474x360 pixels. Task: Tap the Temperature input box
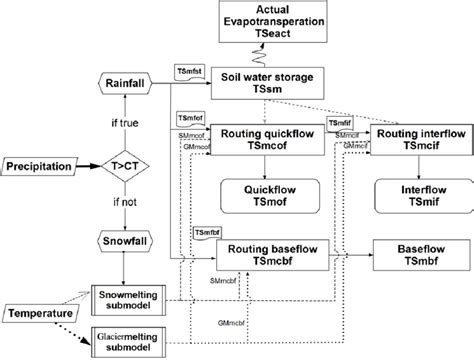pyautogui.click(x=41, y=314)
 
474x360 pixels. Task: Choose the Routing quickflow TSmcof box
pyautogui.click(x=276, y=141)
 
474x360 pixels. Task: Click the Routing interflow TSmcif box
pyautogui.click(x=418, y=141)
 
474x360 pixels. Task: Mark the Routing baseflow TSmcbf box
pyautogui.click(x=276, y=255)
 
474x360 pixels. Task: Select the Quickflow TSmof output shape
pyautogui.click(x=276, y=196)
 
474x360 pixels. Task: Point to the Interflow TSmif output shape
pyautogui.click(x=418, y=196)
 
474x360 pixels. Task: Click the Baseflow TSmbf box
pyautogui.click(x=418, y=255)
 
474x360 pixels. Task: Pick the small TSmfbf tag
pyautogui.click(x=204, y=232)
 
